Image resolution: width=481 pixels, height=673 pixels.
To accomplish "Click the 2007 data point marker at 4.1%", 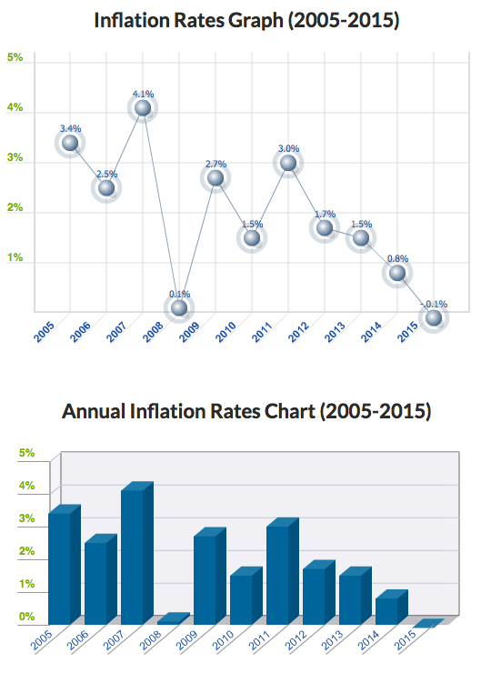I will (143, 108).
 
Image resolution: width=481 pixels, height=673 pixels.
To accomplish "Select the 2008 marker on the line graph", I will (179, 308).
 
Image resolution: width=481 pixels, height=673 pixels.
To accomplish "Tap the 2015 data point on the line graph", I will (434, 318).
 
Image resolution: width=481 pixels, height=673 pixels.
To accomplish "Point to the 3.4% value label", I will (70, 128).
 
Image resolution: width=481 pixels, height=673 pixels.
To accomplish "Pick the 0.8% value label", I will (397, 258).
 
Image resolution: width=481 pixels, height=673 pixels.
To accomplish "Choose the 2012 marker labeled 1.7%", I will (325, 227).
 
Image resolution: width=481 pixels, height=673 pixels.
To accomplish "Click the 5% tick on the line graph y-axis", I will (15, 57).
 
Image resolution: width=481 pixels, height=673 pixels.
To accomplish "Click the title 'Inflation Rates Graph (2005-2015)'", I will (246, 20).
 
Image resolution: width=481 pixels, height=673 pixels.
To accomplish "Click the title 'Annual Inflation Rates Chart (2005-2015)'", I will (246, 411).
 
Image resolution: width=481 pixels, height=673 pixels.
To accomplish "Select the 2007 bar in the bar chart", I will (133, 557).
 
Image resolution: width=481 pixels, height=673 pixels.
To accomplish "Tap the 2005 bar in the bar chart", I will (60, 568).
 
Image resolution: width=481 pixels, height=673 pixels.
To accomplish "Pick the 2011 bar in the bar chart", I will (278, 575).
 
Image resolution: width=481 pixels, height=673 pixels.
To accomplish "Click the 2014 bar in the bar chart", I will (387, 610).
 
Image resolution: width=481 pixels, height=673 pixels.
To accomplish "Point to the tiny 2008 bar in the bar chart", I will (173, 618).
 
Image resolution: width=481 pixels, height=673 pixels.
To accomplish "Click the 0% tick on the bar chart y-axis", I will (26, 618).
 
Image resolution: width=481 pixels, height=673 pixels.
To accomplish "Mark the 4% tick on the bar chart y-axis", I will (26, 486).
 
